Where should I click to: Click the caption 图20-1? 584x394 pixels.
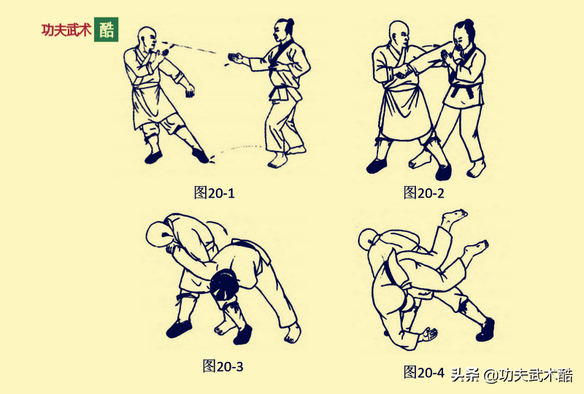(x=214, y=193)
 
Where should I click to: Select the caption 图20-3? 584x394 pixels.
(x=223, y=366)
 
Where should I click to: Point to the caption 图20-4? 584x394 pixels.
(x=424, y=372)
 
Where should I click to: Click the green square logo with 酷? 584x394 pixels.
(x=106, y=29)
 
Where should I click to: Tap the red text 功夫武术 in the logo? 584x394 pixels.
(x=66, y=31)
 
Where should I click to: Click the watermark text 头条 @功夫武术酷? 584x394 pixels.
(x=511, y=375)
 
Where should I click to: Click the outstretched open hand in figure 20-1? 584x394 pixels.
(x=235, y=58)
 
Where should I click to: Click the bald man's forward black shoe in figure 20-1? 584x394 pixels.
(x=200, y=155)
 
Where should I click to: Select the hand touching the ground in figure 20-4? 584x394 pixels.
(x=427, y=335)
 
